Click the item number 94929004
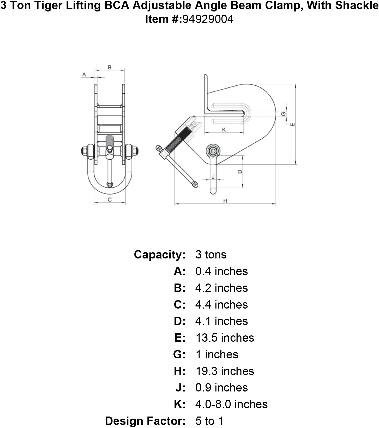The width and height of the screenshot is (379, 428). click(208, 19)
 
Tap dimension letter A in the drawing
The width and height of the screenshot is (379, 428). click(84, 75)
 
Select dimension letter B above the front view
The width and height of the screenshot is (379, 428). click(110, 67)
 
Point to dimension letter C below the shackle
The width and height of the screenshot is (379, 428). click(110, 200)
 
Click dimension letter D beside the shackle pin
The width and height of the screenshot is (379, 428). click(240, 172)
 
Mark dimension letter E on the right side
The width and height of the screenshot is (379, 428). click(292, 124)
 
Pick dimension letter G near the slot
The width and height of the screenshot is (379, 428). click(283, 114)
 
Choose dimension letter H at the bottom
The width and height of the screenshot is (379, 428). click(225, 201)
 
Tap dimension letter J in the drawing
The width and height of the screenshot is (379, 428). click(213, 177)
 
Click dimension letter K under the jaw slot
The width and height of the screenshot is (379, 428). click(224, 130)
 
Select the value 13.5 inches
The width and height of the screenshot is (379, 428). click(225, 338)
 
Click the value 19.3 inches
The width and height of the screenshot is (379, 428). click(225, 371)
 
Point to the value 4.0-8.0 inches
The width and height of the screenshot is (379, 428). click(232, 404)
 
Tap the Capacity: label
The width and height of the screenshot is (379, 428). click(160, 255)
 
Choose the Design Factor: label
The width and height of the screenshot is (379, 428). click(145, 421)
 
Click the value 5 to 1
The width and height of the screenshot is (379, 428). click(209, 421)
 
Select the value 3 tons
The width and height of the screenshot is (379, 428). click(211, 255)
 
